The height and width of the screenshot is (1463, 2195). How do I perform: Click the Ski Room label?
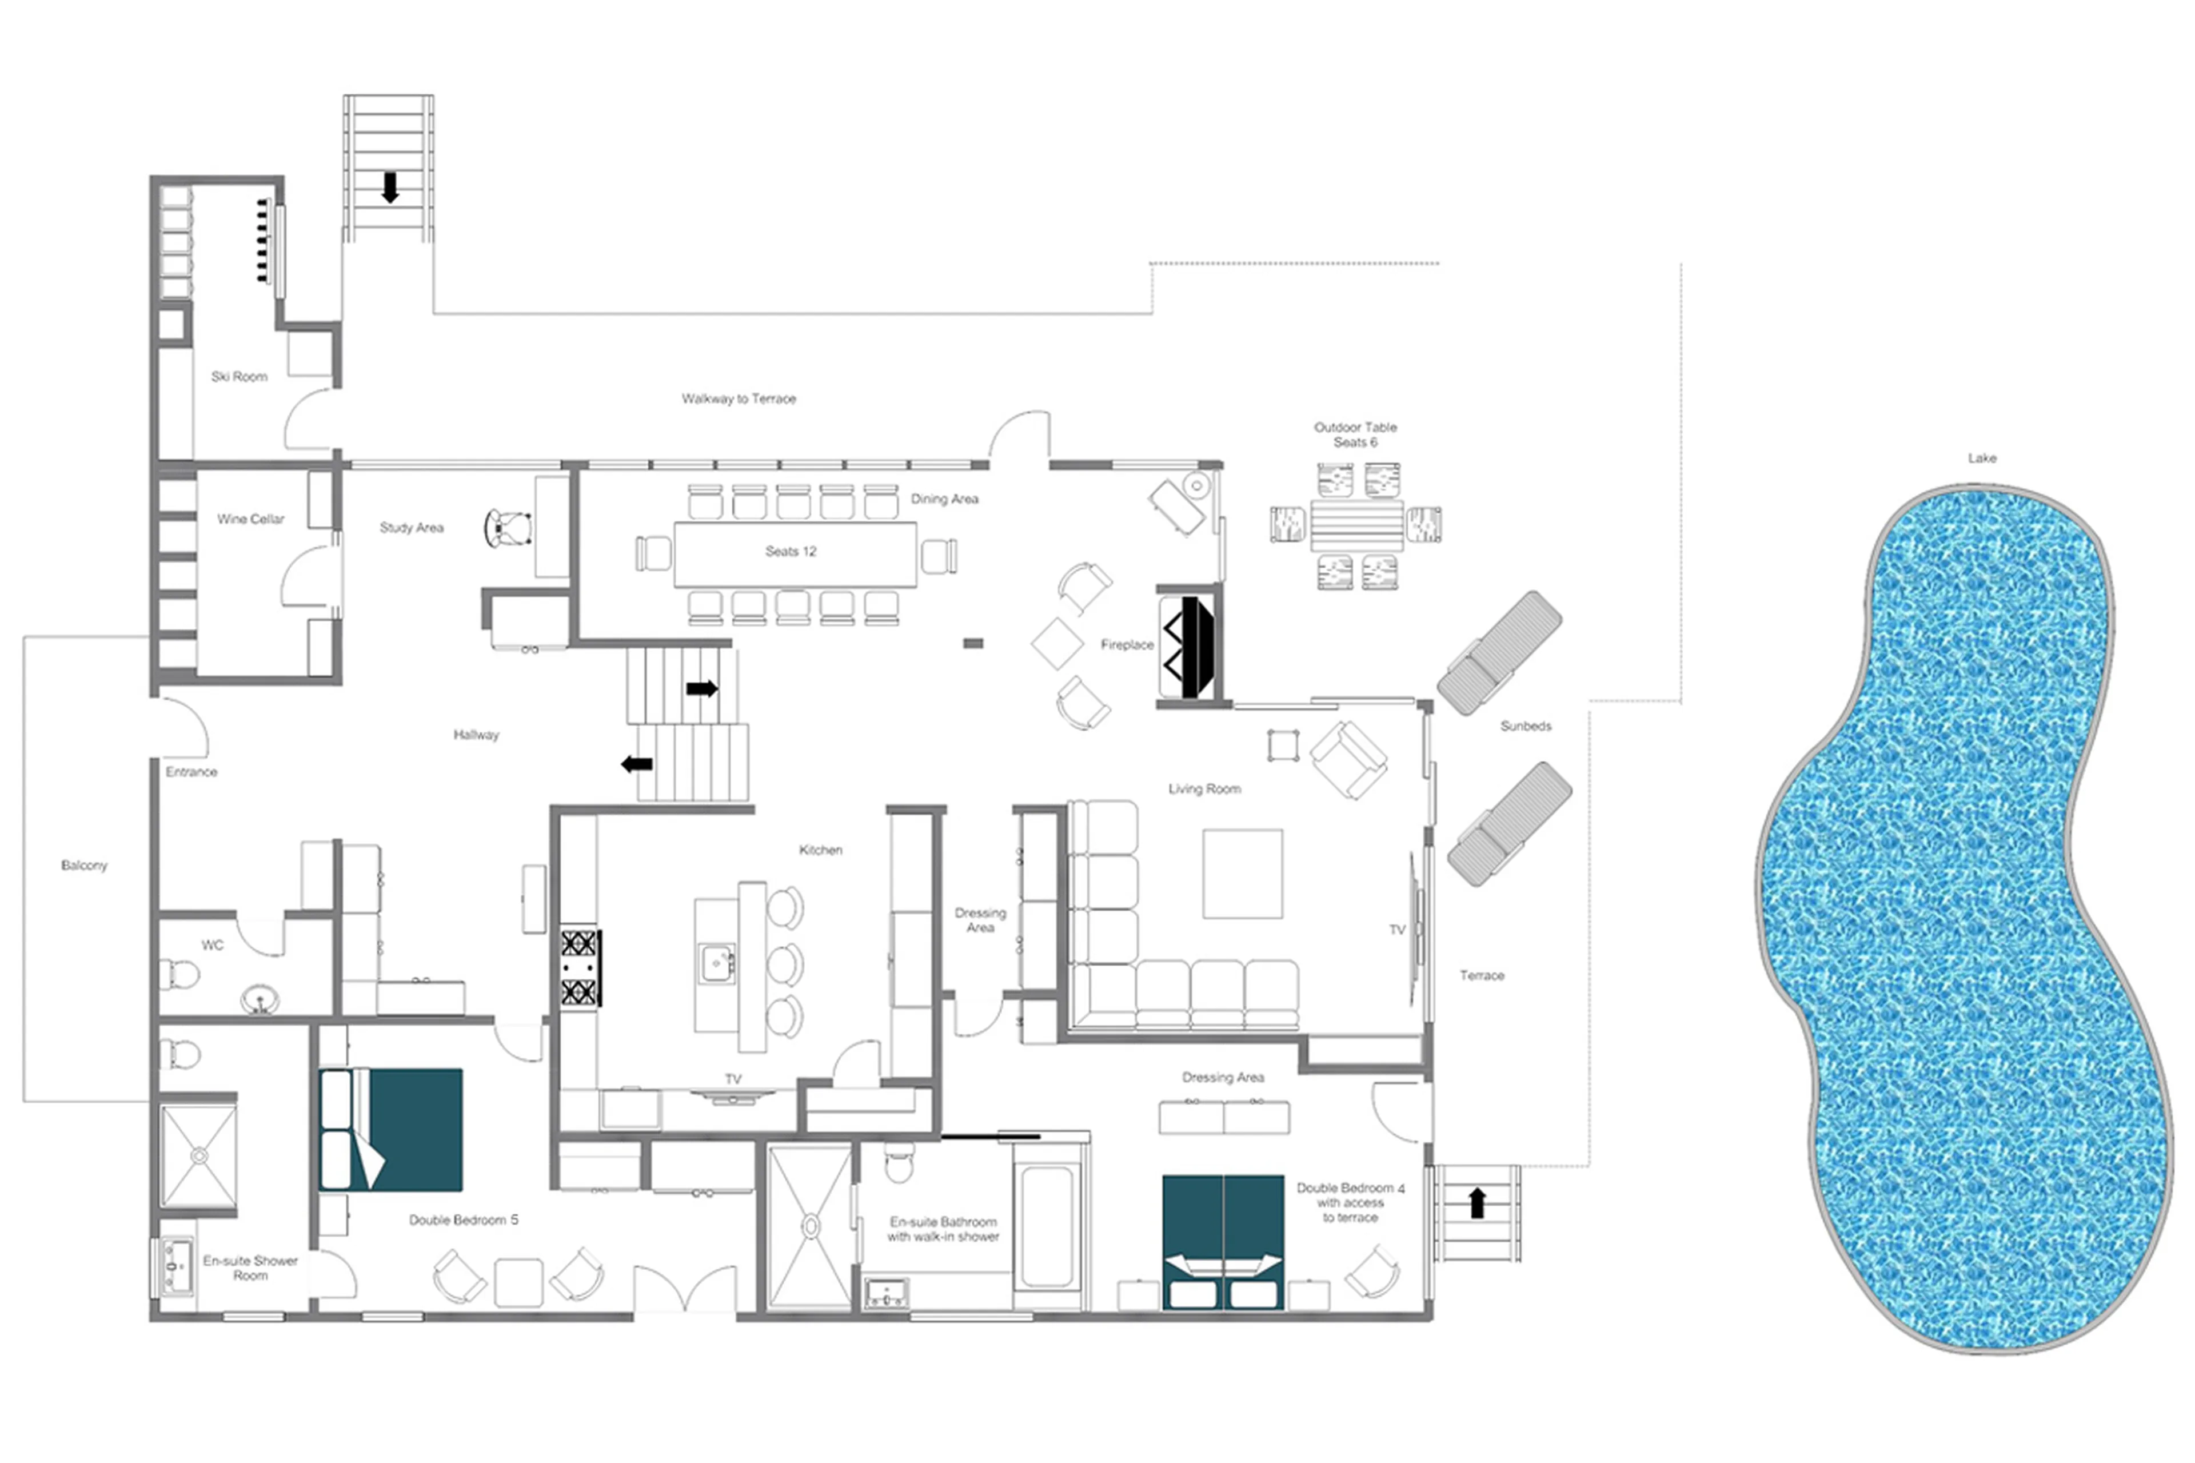pos(239,377)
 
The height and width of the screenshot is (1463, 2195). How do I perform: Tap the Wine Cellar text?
pos(250,519)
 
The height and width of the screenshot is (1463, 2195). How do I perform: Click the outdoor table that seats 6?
pos(1355,526)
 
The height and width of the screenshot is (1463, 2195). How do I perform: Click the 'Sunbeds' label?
pos(1525,726)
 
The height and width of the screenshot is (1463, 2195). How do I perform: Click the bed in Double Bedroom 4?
pos(1222,1241)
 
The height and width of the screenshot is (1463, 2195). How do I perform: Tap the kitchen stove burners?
pos(579,967)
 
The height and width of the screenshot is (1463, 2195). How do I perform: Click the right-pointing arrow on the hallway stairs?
pos(701,688)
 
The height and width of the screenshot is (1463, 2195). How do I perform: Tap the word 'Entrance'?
pos(191,772)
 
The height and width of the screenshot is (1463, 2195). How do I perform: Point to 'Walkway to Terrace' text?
pos(739,398)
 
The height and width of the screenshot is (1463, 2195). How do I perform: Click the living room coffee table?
pos(1242,874)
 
